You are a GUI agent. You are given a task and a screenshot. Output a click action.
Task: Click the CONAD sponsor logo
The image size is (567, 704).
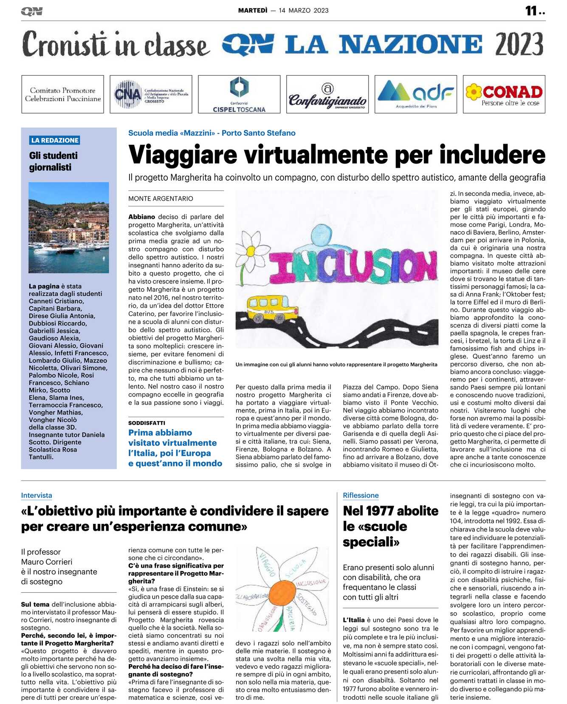pyautogui.click(x=504, y=94)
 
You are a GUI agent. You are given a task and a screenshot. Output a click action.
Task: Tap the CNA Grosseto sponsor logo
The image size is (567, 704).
pyautogui.click(x=151, y=94)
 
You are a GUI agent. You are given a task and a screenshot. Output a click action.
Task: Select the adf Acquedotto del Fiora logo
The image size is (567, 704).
pyautogui.click(x=415, y=94)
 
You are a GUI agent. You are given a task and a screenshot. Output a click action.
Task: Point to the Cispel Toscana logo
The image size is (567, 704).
pyautogui.click(x=239, y=94)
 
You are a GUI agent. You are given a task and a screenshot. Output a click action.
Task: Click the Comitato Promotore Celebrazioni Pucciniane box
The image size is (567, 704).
pyautogui.click(x=62, y=94)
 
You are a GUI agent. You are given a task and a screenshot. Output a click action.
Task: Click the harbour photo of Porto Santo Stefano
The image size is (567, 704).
pyautogui.click(x=68, y=227)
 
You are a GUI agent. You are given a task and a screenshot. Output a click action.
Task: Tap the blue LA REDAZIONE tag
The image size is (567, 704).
pyautogui.click(x=55, y=140)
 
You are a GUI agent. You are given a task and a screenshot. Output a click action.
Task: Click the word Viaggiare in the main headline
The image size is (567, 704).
pyautogui.click(x=183, y=155)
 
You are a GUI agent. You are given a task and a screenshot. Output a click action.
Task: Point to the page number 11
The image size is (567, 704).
pyautogui.click(x=532, y=11)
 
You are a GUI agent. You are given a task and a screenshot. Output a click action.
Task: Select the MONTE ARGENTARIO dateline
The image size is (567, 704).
pyautogui.click(x=161, y=198)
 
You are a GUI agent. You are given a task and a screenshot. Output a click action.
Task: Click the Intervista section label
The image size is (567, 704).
pyautogui.click(x=37, y=495)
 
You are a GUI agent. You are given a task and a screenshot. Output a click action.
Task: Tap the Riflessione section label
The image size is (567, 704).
pyautogui.click(x=361, y=495)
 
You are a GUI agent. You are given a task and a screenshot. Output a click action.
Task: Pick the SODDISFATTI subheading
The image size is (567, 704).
pyautogui.click(x=147, y=423)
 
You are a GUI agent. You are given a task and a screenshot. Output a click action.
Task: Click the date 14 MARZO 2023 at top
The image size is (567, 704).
pyautogui.click(x=304, y=10)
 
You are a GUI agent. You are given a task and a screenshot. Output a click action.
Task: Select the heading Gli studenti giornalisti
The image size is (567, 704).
pyautogui.click(x=53, y=161)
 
